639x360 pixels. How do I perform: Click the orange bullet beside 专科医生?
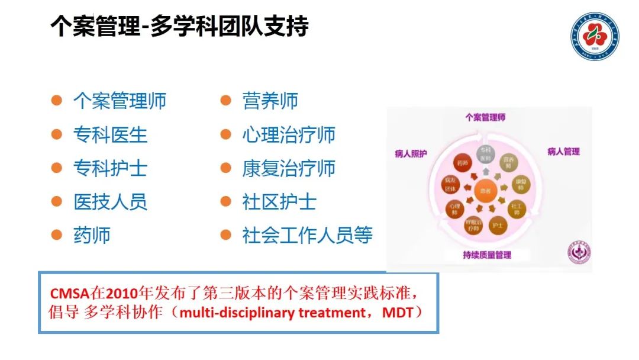(56, 134)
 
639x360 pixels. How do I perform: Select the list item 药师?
(92, 236)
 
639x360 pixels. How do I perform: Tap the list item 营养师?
(270, 101)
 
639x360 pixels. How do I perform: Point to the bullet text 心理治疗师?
(289, 134)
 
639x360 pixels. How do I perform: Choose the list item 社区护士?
(279, 202)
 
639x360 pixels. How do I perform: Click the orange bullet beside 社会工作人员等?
(225, 235)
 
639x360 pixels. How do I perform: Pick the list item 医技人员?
(110, 202)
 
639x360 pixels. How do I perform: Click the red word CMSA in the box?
(69, 294)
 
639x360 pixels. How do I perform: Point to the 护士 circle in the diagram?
(497, 225)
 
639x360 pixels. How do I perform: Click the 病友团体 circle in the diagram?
(452, 185)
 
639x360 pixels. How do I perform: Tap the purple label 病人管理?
(563, 152)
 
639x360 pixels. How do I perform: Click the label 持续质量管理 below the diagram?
(486, 255)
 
